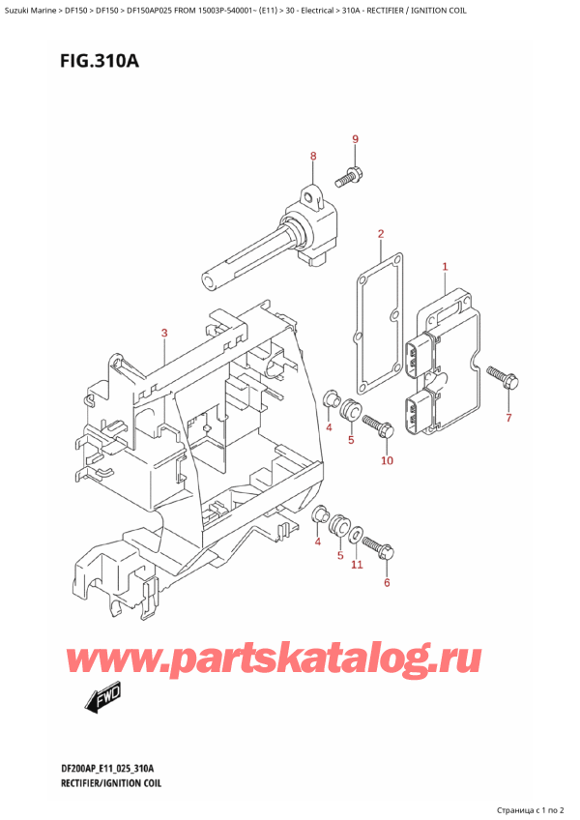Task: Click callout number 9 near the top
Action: click(355, 140)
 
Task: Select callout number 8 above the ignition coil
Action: click(313, 157)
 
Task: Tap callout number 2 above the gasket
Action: click(381, 234)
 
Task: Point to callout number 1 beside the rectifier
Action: click(445, 266)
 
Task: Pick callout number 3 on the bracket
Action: click(165, 334)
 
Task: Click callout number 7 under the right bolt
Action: click(509, 418)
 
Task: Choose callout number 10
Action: click(387, 460)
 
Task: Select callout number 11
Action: click(357, 564)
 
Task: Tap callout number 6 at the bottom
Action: click(387, 582)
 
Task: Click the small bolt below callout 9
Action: click(348, 178)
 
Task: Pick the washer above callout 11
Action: click(356, 534)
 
